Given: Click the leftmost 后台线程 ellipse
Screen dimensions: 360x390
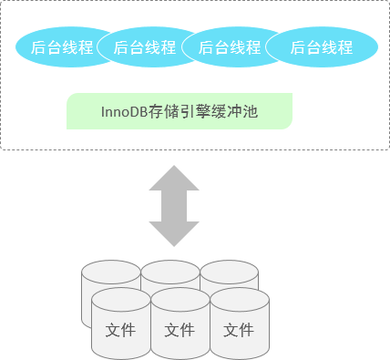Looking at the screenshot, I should coord(60,48).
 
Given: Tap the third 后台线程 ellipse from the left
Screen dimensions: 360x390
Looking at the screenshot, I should coord(227,48).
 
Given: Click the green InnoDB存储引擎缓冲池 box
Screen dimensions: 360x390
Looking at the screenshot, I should coord(180,111).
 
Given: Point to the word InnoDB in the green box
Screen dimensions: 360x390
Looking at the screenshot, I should coord(123,112).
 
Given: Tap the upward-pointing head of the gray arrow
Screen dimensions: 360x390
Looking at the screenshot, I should coord(174,177).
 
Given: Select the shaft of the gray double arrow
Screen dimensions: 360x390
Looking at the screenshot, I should coord(174,205).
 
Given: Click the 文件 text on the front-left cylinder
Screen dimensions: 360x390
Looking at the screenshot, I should coord(121,330).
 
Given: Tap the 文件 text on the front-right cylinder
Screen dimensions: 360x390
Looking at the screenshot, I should coord(239,330).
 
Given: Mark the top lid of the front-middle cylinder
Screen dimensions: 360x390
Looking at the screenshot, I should coord(180,299).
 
